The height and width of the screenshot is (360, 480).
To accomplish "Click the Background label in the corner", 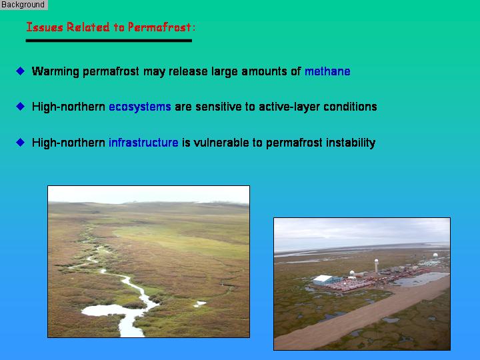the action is point(23,5).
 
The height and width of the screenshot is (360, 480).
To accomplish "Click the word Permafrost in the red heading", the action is point(159,27).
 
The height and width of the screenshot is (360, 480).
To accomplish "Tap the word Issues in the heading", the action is point(45,27).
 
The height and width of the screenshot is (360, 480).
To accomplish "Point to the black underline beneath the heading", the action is point(109,41).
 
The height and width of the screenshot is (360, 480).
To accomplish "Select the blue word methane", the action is point(327,71).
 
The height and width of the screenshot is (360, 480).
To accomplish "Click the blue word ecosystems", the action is point(140,107).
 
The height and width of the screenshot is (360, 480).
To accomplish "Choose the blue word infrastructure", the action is point(143,143).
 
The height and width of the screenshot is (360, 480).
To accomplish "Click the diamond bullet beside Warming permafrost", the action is point(21,71).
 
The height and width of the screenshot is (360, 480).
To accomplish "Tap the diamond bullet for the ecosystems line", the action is point(21,107).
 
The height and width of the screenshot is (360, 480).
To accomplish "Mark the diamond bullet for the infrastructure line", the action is point(21,143).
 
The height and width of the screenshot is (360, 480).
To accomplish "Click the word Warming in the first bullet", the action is point(55,71).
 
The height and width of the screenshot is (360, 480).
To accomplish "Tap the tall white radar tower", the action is point(376,266).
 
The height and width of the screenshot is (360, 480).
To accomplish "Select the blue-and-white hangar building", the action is point(326,280).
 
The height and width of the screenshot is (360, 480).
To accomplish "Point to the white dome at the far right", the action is point(435,255).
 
